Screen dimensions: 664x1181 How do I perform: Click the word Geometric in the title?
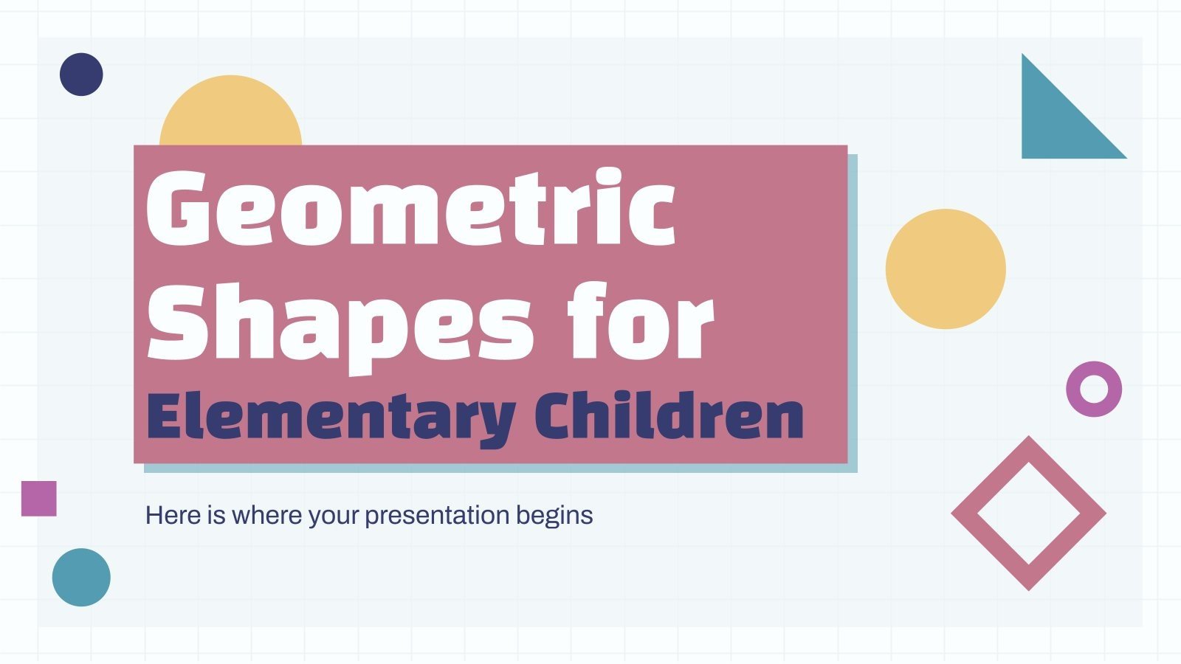[x=410, y=208]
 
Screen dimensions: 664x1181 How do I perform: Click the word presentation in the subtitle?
[x=437, y=516]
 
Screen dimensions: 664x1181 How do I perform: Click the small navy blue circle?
[x=81, y=75]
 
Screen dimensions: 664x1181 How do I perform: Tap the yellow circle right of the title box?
[x=946, y=269]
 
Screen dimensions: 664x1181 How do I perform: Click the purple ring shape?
[x=1094, y=389]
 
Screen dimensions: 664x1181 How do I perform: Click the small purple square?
[x=39, y=498]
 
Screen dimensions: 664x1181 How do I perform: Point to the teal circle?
[x=81, y=577]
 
